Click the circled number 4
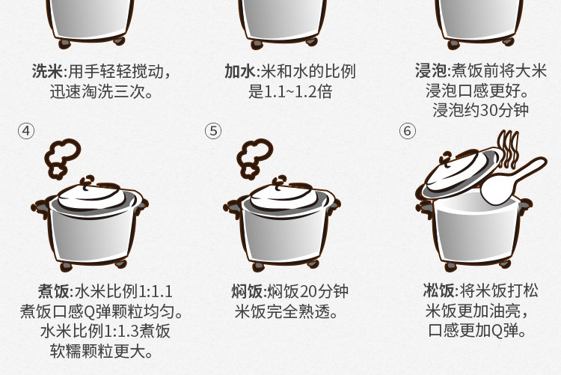point(26,131)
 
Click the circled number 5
point(213,131)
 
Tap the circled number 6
point(408,131)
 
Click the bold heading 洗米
point(48,71)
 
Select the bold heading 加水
point(240,71)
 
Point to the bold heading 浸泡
point(431,70)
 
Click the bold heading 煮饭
point(54,291)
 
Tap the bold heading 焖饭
point(247,291)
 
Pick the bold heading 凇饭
point(438,290)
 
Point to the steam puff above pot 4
point(62,159)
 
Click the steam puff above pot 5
point(254,159)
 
